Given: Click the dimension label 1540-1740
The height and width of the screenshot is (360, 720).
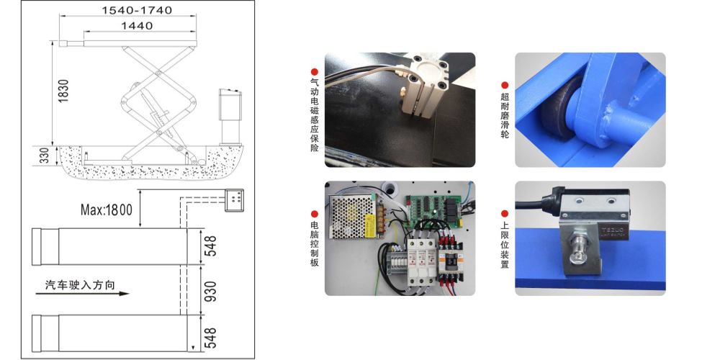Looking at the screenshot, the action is [137, 10].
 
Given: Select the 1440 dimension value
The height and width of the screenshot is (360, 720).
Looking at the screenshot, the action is [137, 26].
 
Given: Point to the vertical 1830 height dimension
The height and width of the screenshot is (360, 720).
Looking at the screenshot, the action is [63, 91].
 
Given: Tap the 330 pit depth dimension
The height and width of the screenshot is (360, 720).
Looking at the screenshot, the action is [44, 156].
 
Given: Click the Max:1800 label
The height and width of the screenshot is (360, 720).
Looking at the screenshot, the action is [106, 210].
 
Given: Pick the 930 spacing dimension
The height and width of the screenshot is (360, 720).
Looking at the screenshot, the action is [210, 292].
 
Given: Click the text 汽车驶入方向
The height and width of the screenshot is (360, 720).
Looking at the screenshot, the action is [80, 284].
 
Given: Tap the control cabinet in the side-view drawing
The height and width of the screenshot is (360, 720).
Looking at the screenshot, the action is [230, 117].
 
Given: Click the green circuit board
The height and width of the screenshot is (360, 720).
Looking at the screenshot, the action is [432, 210].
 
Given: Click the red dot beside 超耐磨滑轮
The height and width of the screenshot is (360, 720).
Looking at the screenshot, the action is [505, 85].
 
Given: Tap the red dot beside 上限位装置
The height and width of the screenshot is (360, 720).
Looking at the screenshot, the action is [505, 214].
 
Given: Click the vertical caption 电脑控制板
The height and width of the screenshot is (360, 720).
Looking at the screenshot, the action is [315, 244].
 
